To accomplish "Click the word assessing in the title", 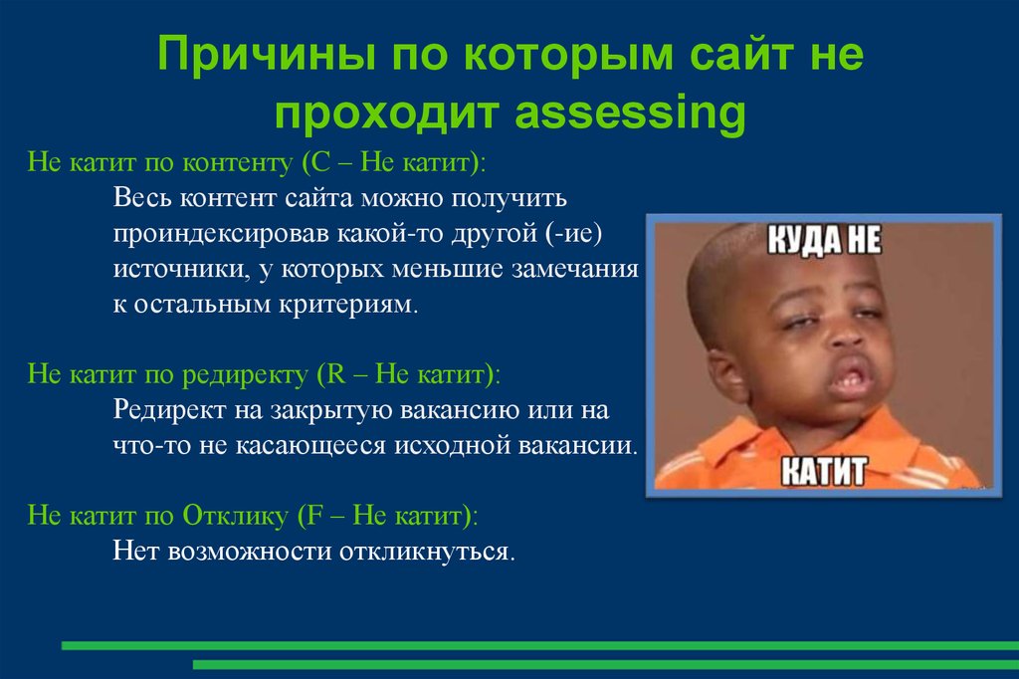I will click(x=629, y=114).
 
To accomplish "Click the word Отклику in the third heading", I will click(x=234, y=516).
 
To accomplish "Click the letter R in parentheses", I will click(x=327, y=375).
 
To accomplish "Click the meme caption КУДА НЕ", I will click(x=822, y=243).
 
